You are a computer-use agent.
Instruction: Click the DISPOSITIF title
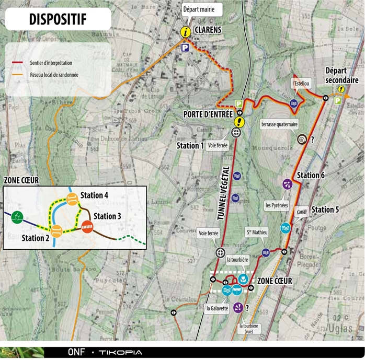pos(58,19)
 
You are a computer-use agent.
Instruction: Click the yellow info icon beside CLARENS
pos(185,32)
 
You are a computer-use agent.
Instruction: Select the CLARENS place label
pos(208,30)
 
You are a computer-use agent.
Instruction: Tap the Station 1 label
pos(189,145)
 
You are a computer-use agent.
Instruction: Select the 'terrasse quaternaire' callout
pos(279,124)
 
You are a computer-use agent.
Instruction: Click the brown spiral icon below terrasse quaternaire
pos(302,140)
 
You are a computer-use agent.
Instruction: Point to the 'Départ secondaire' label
pos(341,75)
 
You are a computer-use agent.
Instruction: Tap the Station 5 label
pos(325,210)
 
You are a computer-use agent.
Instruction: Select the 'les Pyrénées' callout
pos(277,205)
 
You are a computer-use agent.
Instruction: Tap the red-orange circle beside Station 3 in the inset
pos(87,226)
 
